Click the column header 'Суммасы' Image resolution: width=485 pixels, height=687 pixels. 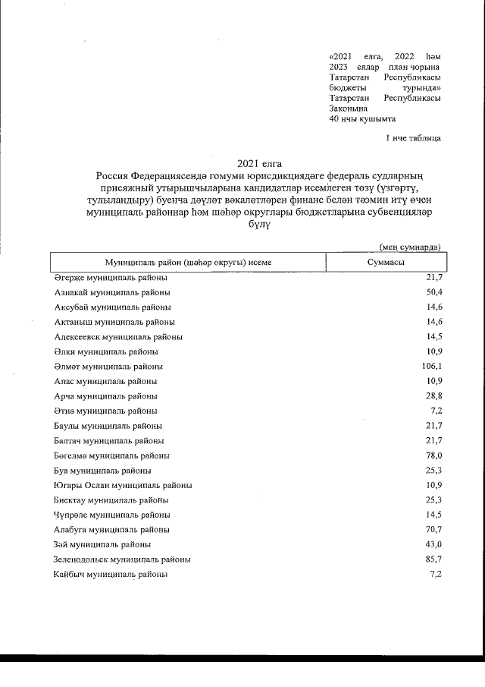coord(385,262)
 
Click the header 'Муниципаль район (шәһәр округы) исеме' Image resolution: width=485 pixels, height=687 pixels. coord(189,262)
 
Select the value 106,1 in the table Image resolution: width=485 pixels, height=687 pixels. coord(429,367)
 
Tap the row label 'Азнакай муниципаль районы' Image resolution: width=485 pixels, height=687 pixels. coord(112,292)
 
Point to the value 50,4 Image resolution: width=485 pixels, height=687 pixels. coord(433,292)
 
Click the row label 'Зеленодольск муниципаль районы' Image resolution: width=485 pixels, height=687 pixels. coord(122,559)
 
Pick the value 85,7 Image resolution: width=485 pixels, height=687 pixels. coord(433,559)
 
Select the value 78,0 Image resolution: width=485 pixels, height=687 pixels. coord(433,455)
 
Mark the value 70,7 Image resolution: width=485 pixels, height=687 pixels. coord(433,530)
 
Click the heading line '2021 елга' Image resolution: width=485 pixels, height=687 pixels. coord(254,163)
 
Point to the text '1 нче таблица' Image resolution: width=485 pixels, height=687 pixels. coord(413,137)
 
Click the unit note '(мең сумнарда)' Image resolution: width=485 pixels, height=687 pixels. coord(410,246)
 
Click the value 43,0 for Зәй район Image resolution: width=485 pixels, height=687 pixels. coord(433,545)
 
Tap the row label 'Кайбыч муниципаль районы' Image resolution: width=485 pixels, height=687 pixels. coord(111,575)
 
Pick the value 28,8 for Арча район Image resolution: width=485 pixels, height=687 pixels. coord(433,396)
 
